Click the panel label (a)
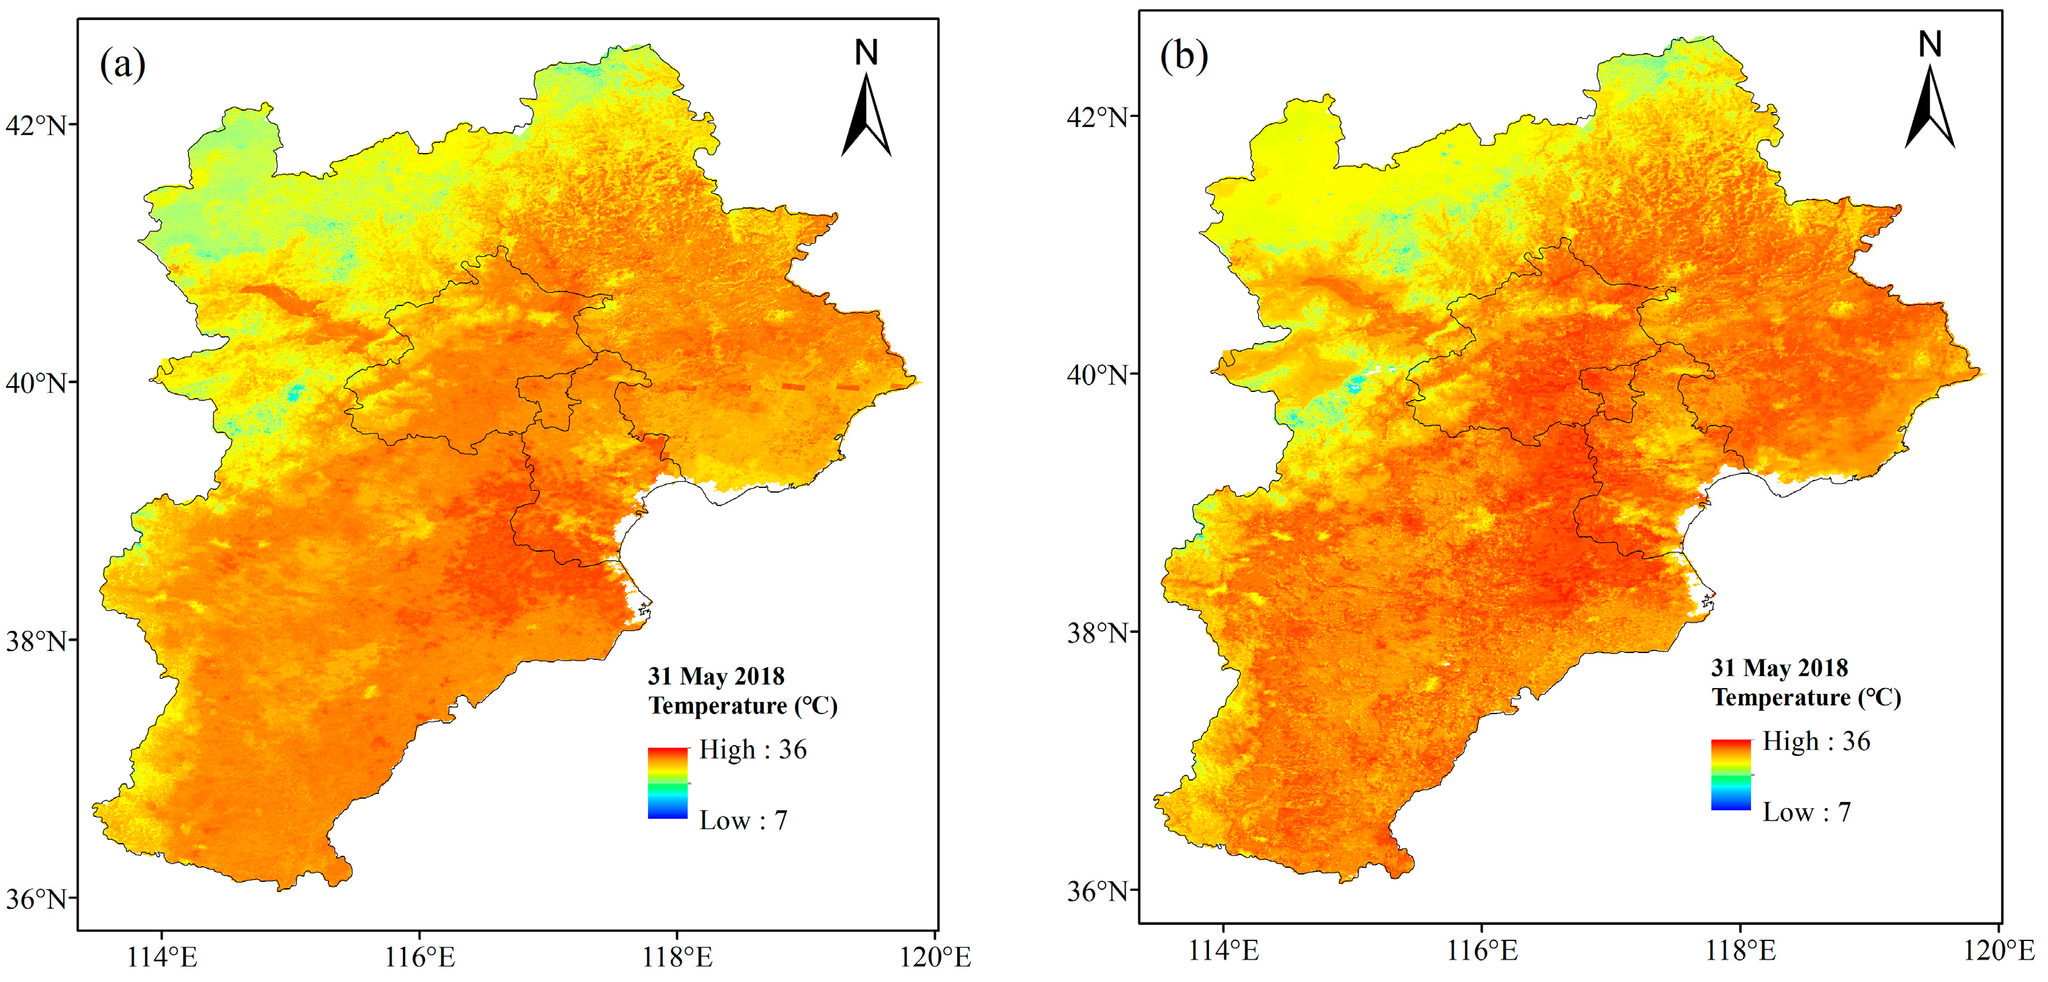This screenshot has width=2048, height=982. tap(122, 64)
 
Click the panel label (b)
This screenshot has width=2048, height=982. tap(1184, 56)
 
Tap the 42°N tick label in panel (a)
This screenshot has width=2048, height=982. tap(36, 126)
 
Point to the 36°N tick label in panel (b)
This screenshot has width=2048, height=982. tap(1097, 891)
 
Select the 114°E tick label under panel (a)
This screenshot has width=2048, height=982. tap(162, 957)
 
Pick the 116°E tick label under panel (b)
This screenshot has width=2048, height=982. tap(1482, 950)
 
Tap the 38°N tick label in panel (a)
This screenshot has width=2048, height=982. tap(36, 641)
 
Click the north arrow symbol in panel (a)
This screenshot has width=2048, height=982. tap(866, 115)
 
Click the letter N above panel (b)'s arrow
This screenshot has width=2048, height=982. tap(1930, 44)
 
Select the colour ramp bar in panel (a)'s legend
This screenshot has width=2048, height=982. tap(668, 783)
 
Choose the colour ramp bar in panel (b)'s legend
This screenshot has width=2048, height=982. tap(1731, 775)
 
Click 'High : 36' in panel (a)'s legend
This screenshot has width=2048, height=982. tap(752, 749)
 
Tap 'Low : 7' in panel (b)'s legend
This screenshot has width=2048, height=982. tap(1806, 812)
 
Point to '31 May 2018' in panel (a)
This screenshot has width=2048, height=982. tap(715, 676)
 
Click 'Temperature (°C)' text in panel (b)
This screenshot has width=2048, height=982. tap(1806, 697)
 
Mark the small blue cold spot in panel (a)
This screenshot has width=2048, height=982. tap(296, 392)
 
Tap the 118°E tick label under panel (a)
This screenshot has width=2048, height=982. tap(677, 957)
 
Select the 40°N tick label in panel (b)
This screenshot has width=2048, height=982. tap(1097, 375)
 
